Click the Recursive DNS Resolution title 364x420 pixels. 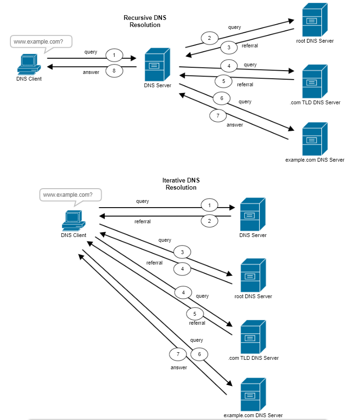point(145,21)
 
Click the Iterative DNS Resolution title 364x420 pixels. point(181,184)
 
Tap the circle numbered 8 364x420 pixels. point(114,71)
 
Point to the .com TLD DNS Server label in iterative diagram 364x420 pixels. point(253,358)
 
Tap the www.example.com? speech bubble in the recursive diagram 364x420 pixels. point(41,42)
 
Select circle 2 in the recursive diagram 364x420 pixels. point(209,37)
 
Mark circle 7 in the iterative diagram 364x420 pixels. point(177,354)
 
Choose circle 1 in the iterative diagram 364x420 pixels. point(209,205)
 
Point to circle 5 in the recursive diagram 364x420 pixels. point(223,81)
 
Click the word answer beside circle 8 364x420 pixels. point(91,73)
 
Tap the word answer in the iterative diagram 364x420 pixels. point(179,367)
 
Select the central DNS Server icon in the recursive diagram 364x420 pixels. point(157,64)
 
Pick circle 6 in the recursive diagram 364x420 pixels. point(221,99)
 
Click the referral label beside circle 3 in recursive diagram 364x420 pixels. point(250,46)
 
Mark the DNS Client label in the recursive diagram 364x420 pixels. point(29,79)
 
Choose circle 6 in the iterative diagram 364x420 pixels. point(199,354)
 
